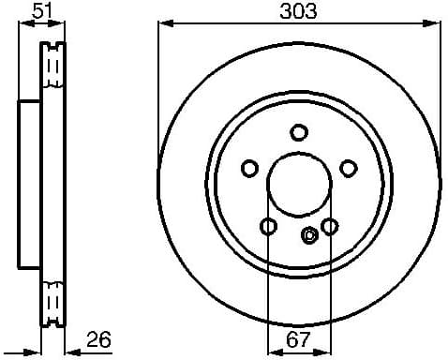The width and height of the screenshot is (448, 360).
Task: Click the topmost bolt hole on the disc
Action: tap(298, 132)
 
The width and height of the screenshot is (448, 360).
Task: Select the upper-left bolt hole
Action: tap(249, 168)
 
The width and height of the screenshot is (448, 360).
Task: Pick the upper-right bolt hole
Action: tap(348, 168)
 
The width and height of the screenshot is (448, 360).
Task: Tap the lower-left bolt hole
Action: tap(268, 226)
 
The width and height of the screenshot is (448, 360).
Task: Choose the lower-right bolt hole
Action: tap(329, 226)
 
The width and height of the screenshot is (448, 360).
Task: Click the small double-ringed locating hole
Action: tap(310, 235)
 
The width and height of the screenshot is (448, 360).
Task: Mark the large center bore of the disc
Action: tap(298, 184)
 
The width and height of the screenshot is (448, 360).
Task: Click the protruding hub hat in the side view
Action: tap(30, 184)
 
